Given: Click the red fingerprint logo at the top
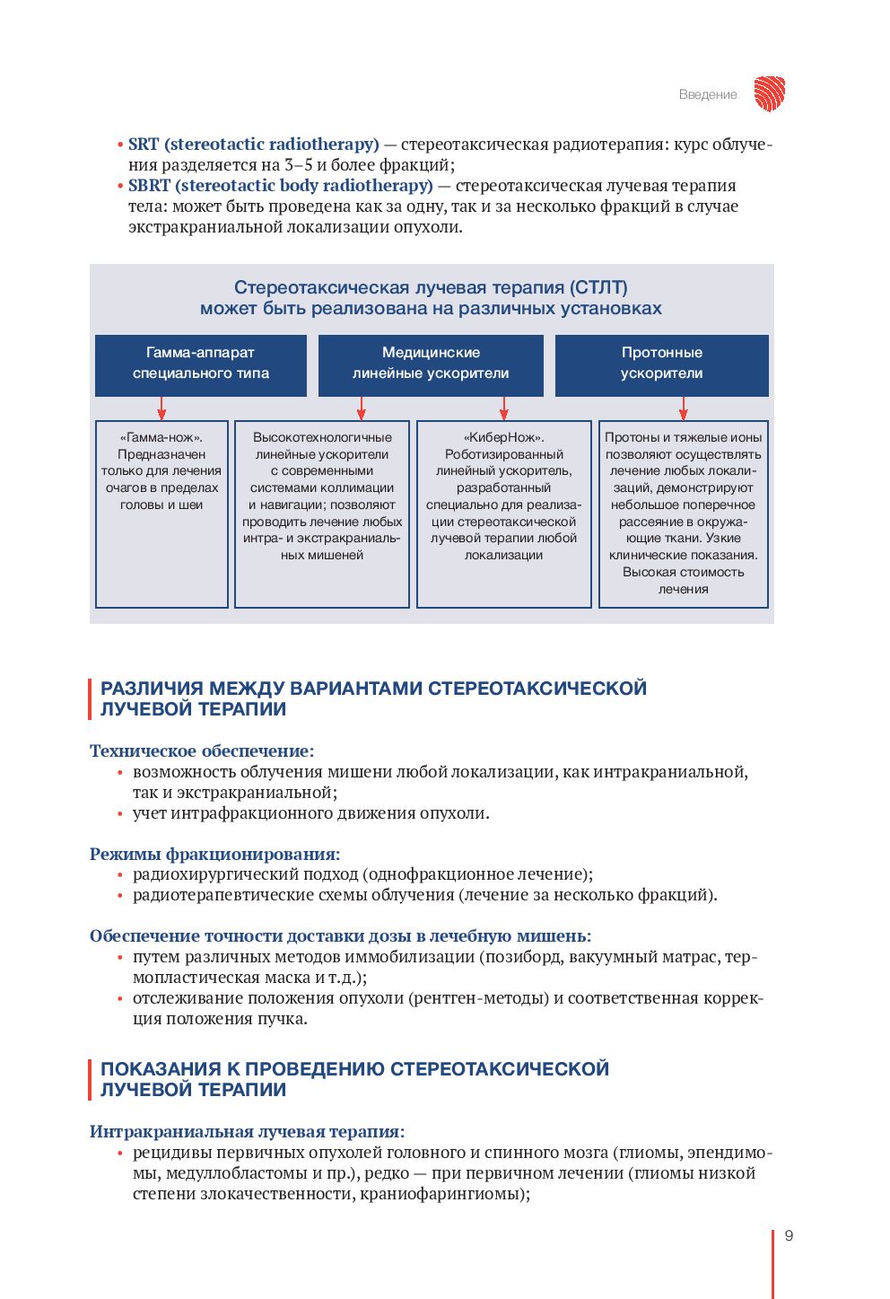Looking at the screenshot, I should [769, 93].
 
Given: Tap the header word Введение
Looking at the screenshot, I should [708, 94].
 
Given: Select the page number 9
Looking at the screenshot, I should [789, 1235].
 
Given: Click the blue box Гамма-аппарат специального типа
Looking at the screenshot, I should [201, 364].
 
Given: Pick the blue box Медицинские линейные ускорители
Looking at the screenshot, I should [431, 364].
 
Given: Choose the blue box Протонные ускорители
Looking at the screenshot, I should [661, 364].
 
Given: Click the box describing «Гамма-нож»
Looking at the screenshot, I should [161, 513].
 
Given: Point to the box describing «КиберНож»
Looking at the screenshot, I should [503, 513].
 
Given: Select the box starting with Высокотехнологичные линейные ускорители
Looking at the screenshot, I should [322, 513].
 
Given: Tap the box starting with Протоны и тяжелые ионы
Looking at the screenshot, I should [683, 513].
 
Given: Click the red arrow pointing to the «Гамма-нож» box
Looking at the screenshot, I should [161, 408].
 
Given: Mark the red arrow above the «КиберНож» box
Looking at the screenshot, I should [504, 408].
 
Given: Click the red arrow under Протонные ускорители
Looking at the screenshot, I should [684, 408].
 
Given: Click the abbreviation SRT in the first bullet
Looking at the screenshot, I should [144, 145].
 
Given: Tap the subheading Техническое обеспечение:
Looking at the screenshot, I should [202, 750].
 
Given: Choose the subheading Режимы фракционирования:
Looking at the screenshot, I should [214, 854].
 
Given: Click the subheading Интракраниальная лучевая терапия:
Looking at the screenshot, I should [247, 1131].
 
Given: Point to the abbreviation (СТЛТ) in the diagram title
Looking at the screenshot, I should [598, 287].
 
